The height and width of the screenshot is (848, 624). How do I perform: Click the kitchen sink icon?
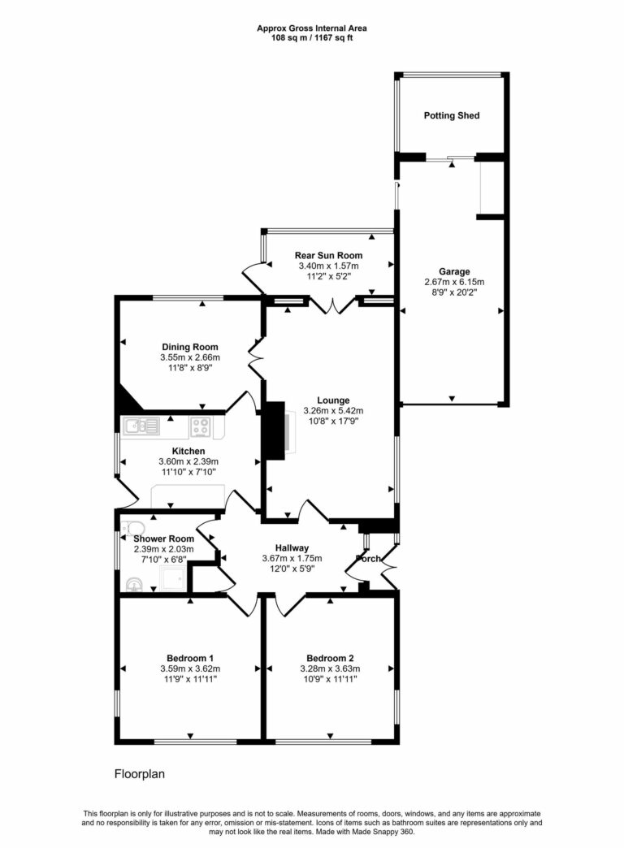(x=141, y=425)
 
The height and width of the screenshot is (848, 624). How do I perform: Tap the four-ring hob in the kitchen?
(x=201, y=426)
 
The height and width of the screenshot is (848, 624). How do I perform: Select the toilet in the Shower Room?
(x=129, y=529)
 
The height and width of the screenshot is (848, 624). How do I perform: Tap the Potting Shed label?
(x=451, y=116)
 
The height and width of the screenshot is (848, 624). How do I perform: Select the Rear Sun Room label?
(x=328, y=255)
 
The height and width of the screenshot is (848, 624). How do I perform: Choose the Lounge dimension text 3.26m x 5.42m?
(x=333, y=410)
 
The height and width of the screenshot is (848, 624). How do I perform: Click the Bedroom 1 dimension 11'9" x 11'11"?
(x=189, y=679)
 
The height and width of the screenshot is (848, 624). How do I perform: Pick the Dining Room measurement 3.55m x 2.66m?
(x=189, y=357)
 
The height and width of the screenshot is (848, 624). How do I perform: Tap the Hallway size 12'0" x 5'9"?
(x=292, y=569)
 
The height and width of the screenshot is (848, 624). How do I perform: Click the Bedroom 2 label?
(x=329, y=658)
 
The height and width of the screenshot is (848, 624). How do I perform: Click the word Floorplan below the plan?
(x=139, y=774)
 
